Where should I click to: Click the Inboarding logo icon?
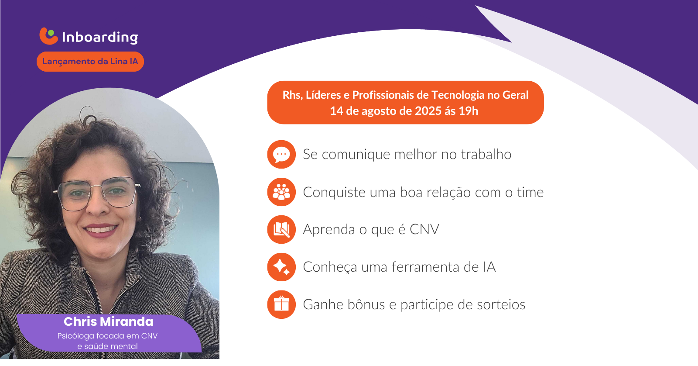click(48, 36)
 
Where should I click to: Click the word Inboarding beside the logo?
click(100, 38)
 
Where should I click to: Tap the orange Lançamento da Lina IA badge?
click(90, 62)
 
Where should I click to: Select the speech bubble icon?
click(281, 155)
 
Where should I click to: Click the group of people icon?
click(281, 192)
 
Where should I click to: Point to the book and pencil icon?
click(281, 229)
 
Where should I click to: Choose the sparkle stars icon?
click(281, 267)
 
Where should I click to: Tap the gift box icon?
click(281, 304)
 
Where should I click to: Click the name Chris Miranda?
click(109, 322)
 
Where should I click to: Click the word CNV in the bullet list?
click(424, 229)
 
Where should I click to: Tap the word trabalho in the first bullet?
click(486, 154)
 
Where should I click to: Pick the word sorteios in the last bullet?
click(501, 304)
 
